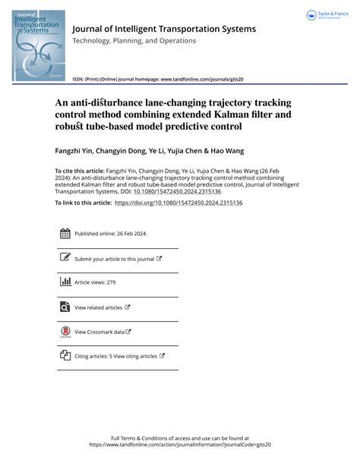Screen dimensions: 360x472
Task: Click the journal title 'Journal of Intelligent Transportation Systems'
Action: (163, 29)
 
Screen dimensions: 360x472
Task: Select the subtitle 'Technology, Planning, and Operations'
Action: (134, 40)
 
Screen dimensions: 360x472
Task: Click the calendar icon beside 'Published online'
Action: (65, 234)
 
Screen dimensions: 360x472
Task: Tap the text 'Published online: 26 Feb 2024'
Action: (111, 234)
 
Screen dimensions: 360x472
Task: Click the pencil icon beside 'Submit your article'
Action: (65, 258)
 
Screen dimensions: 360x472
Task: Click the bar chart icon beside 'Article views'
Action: (65, 282)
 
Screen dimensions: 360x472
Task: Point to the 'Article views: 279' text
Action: (94, 283)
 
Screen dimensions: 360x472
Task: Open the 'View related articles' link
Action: (98, 307)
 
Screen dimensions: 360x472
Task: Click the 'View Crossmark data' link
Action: (100, 332)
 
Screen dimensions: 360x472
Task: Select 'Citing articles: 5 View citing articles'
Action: (115, 356)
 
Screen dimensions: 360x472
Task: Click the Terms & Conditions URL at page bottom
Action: (180, 445)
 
